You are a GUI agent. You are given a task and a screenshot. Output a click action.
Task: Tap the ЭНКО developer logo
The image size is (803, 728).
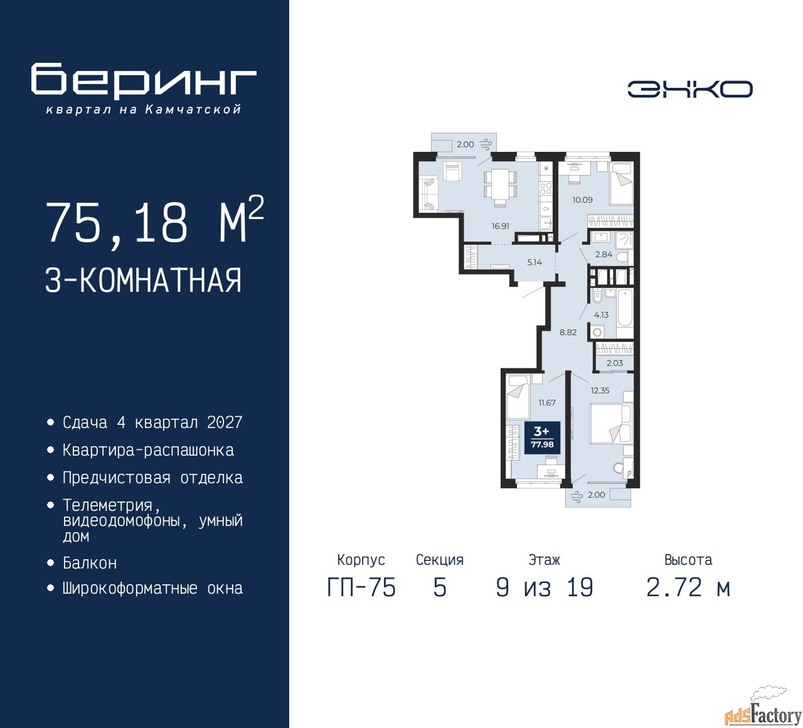(689, 89)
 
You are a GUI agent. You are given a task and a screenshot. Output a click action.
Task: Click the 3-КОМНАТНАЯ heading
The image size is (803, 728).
(143, 281)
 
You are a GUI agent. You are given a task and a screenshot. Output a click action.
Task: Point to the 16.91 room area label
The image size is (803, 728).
(501, 226)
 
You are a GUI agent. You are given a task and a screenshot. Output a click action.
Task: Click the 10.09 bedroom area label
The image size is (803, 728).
(582, 200)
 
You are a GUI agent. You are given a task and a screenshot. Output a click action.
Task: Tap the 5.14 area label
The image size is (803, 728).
(534, 262)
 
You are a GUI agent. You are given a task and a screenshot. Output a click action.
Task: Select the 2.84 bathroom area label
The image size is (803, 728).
(604, 254)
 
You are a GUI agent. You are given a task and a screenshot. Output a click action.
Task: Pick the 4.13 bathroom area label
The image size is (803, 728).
(601, 315)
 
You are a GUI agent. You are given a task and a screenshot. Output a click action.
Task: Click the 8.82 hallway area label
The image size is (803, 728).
(568, 332)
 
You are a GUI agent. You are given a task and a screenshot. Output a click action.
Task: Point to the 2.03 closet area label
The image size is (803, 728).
(615, 363)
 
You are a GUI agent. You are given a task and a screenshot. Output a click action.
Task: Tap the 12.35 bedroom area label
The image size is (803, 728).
(600, 390)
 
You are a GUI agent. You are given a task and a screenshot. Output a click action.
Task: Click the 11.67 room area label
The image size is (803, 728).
(547, 402)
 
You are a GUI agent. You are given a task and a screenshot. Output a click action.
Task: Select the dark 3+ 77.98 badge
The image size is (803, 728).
(542, 437)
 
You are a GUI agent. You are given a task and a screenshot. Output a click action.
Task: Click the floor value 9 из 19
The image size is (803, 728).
(544, 587)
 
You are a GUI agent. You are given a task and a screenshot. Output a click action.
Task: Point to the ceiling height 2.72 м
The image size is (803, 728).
(688, 587)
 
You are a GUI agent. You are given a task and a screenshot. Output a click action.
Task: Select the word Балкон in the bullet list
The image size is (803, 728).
(90, 563)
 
